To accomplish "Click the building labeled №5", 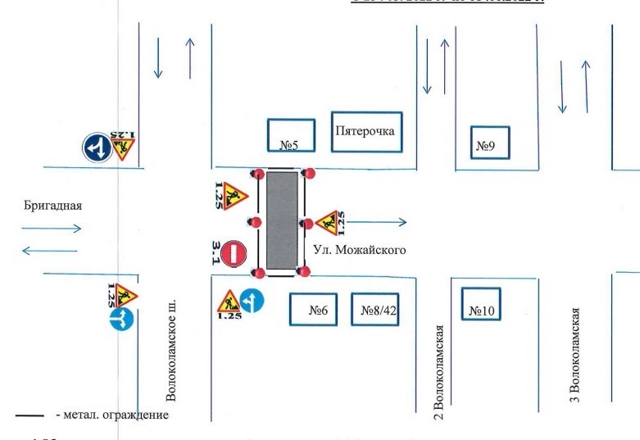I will click(290, 136).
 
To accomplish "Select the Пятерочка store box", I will click(367, 131).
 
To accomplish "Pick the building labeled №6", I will click(314, 310).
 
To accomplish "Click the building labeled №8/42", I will click(374, 310).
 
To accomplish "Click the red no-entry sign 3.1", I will click(236, 252).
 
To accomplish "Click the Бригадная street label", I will click(53, 206).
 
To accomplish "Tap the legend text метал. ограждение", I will click(111, 415).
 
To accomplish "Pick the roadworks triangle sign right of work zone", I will click(327, 221).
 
